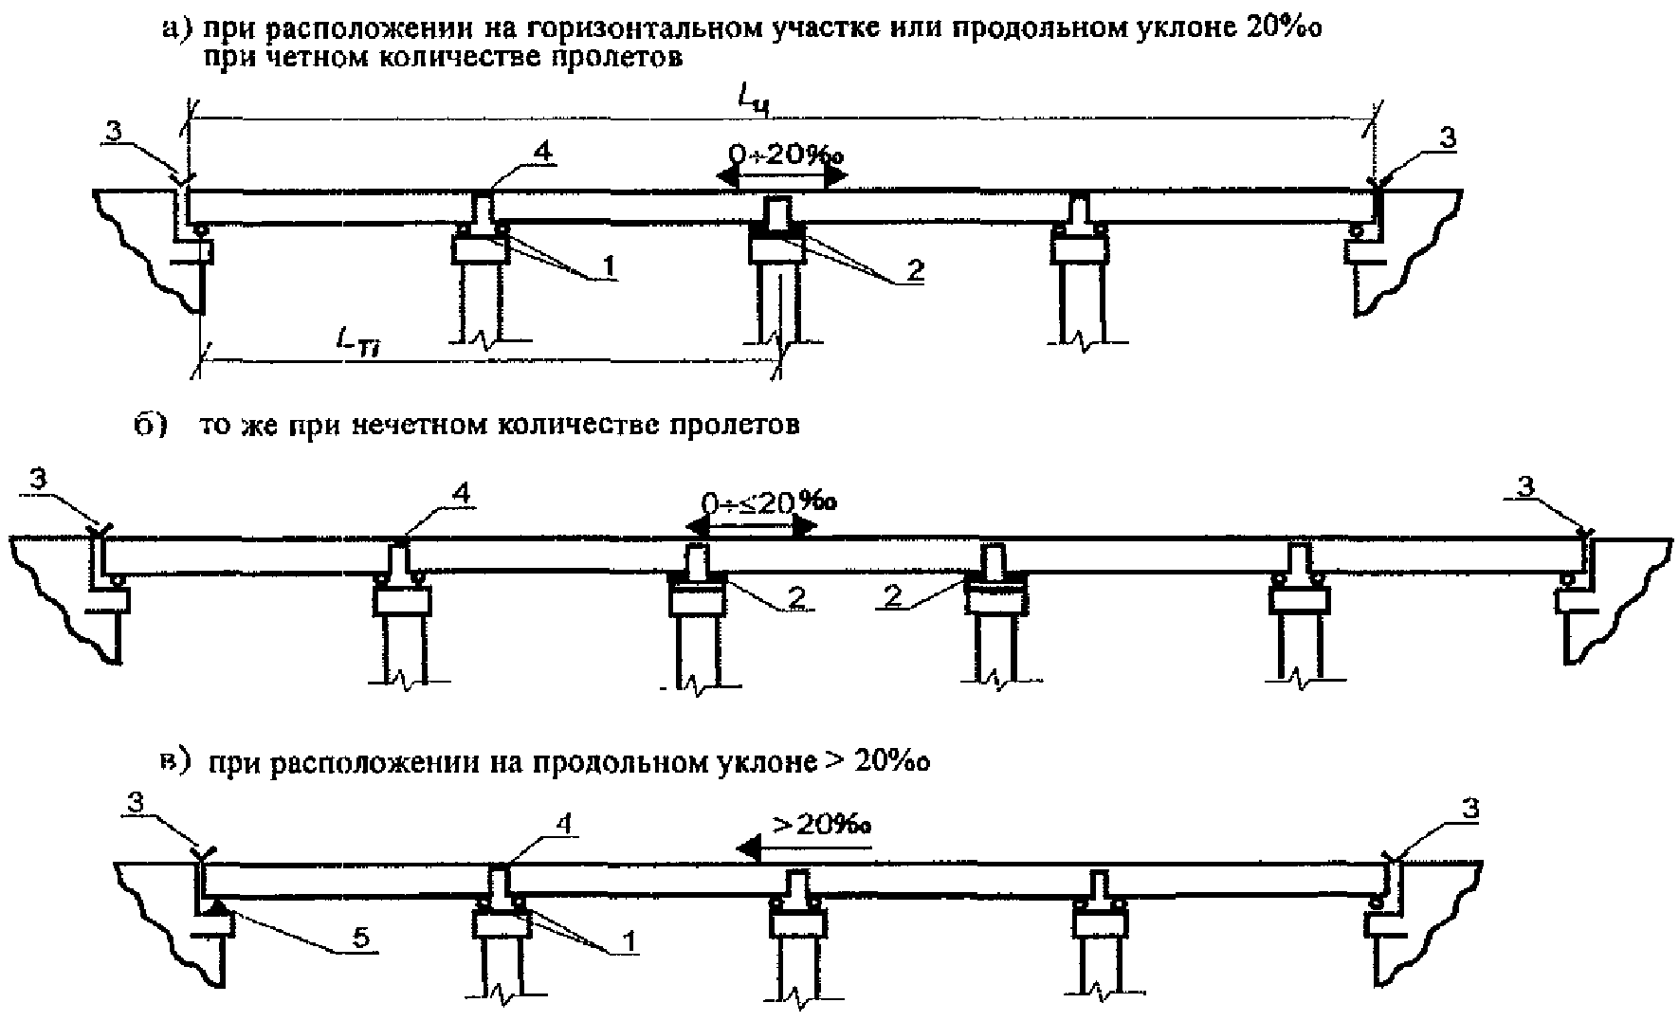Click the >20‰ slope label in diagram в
822,825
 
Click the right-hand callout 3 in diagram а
1445,137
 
